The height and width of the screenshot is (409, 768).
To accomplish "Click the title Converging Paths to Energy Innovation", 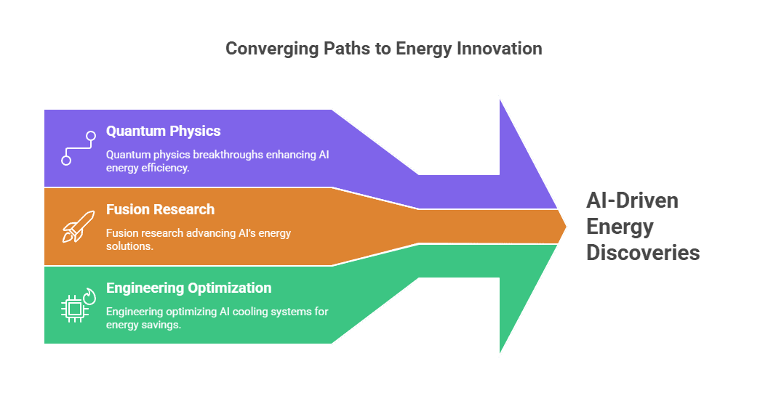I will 383,49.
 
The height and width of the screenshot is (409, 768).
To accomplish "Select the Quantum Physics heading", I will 163,131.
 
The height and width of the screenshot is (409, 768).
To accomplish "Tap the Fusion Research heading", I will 160,210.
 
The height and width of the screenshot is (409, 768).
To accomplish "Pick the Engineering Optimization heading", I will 188,288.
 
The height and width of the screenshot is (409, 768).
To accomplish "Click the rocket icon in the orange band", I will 73,226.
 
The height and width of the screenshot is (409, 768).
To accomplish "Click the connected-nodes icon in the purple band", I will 78,147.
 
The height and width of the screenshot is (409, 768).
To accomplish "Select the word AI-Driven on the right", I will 632,201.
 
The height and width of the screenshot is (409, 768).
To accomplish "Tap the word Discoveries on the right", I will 643,253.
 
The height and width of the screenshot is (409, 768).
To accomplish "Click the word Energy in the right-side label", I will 620,227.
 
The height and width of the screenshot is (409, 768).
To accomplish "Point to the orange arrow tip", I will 562,227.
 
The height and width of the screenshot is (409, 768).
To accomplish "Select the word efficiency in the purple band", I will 166,168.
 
